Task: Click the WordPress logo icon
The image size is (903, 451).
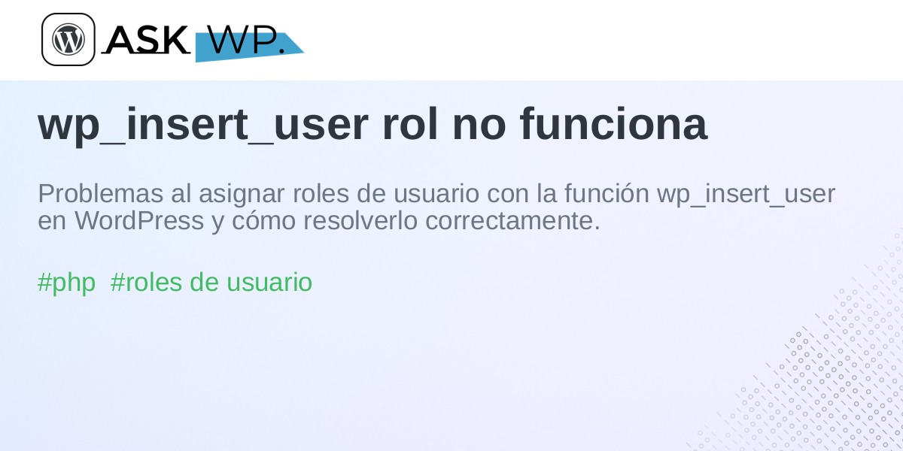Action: [68, 39]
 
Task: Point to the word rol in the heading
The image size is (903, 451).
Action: [409, 124]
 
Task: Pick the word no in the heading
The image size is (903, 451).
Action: [479, 128]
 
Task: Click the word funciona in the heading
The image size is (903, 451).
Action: [613, 124]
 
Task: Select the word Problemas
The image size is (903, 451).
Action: [100, 194]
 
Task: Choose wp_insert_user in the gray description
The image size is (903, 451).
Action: [746, 195]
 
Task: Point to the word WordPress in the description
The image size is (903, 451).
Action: [139, 221]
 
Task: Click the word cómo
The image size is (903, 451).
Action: [263, 221]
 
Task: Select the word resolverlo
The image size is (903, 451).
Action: [360, 221]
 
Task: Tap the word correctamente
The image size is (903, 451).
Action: [512, 222]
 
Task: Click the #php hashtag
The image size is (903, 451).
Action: [66, 283]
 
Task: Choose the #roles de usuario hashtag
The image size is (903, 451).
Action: [211, 282]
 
